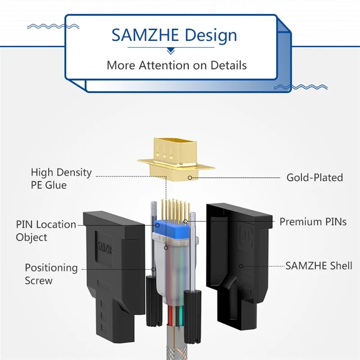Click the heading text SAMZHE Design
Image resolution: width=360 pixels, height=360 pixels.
pyautogui.click(x=174, y=35)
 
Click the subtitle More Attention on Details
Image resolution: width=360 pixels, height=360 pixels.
pyautogui.click(x=176, y=65)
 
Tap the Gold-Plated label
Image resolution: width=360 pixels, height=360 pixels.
pyautogui.click(x=315, y=177)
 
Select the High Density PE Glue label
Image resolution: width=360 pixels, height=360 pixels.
pyautogui.click(x=61, y=178)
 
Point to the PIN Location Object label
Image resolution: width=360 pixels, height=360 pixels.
pyautogui.click(x=46, y=230)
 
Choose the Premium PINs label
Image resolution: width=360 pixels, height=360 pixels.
pyautogui.click(x=313, y=221)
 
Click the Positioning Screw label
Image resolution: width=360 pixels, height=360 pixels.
pyautogui.click(x=51, y=274)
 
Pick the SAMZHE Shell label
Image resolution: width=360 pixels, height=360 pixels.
pyautogui.click(x=319, y=265)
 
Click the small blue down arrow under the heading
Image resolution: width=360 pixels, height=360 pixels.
pyautogui.click(x=171, y=51)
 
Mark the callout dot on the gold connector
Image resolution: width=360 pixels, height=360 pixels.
pyautogui.click(x=190, y=177)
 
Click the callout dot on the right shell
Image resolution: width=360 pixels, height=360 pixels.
pyautogui.click(x=241, y=266)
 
